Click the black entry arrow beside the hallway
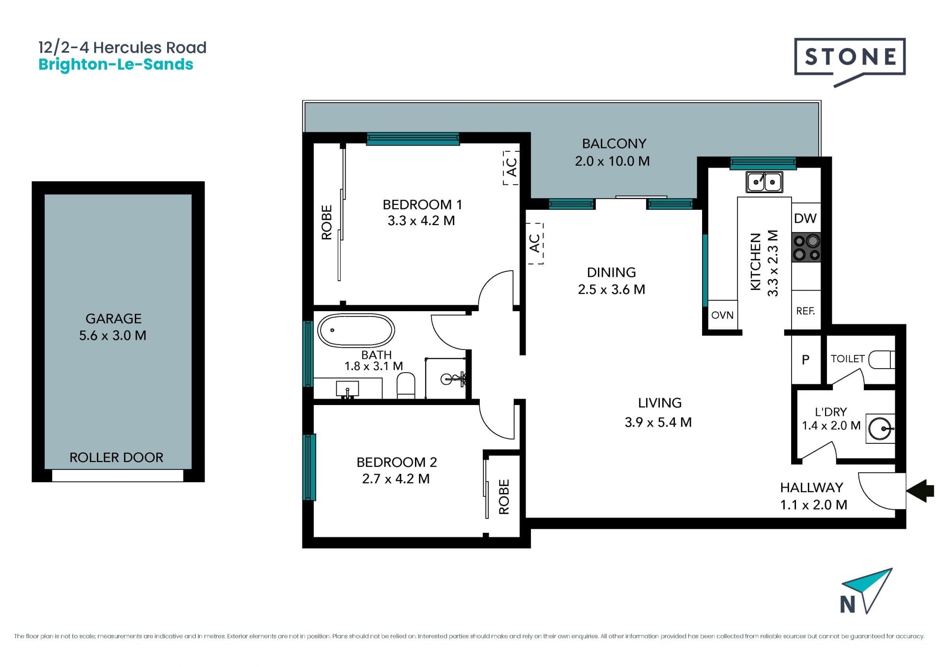click(x=920, y=491)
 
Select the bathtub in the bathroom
click(x=356, y=330)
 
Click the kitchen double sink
click(x=764, y=182)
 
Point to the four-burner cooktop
click(x=806, y=248)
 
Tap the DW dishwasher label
click(x=805, y=218)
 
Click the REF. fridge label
click(x=805, y=311)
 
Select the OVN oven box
click(x=722, y=315)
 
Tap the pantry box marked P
click(x=806, y=360)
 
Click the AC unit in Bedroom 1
click(x=511, y=168)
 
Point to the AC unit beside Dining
click(x=535, y=243)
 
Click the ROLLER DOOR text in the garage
click(x=116, y=458)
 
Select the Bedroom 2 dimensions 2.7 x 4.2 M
click(x=396, y=479)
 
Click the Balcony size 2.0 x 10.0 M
click(x=613, y=161)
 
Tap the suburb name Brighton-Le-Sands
click(x=116, y=65)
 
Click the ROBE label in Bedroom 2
click(x=504, y=497)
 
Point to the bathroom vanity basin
click(x=348, y=388)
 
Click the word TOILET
click(x=848, y=359)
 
